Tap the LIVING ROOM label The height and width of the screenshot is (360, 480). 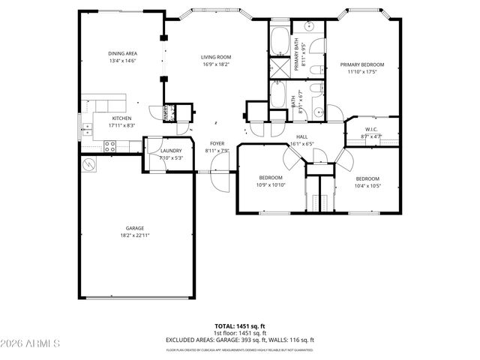click(215, 58)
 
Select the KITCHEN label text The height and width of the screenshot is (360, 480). click(122, 118)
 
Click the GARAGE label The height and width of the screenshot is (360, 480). click(135, 228)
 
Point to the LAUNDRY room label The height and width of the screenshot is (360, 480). click(171, 151)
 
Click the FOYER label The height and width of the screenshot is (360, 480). click(217, 143)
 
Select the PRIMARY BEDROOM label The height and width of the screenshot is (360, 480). click(357, 65)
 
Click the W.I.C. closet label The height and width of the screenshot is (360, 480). click(370, 130)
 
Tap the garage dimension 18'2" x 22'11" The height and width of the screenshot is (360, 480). click(135, 235)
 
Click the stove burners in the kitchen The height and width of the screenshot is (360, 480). click(109, 147)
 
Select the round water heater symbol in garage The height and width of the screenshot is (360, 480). click(89, 164)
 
